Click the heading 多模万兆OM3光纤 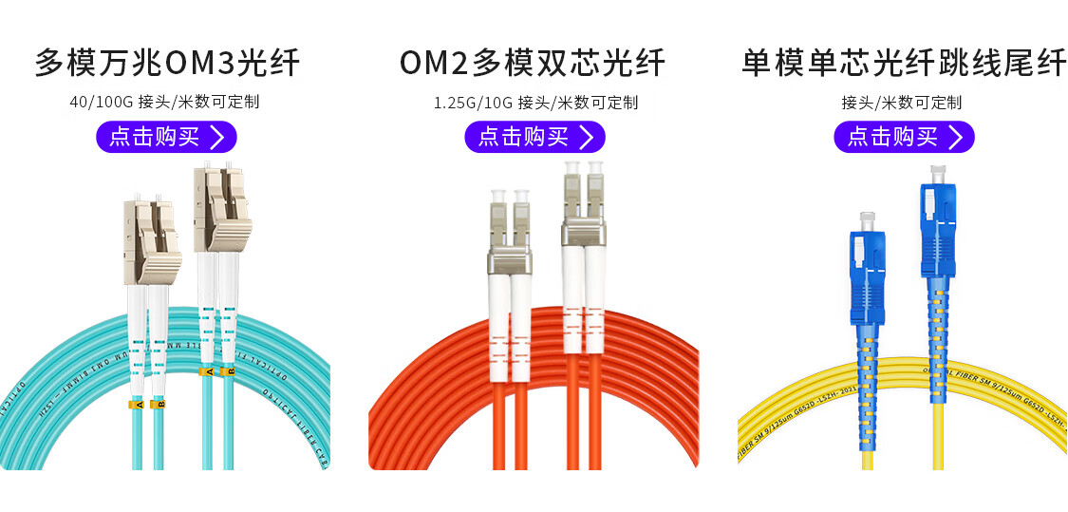(167, 63)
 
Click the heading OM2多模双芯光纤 (533, 63)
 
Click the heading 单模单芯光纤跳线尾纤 (903, 63)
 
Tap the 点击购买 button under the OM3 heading (166, 137)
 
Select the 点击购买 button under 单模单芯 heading (904, 137)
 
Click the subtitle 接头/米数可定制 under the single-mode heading (901, 102)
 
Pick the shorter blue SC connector (866, 271)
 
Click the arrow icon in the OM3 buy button (217, 137)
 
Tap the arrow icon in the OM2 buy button (586, 137)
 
